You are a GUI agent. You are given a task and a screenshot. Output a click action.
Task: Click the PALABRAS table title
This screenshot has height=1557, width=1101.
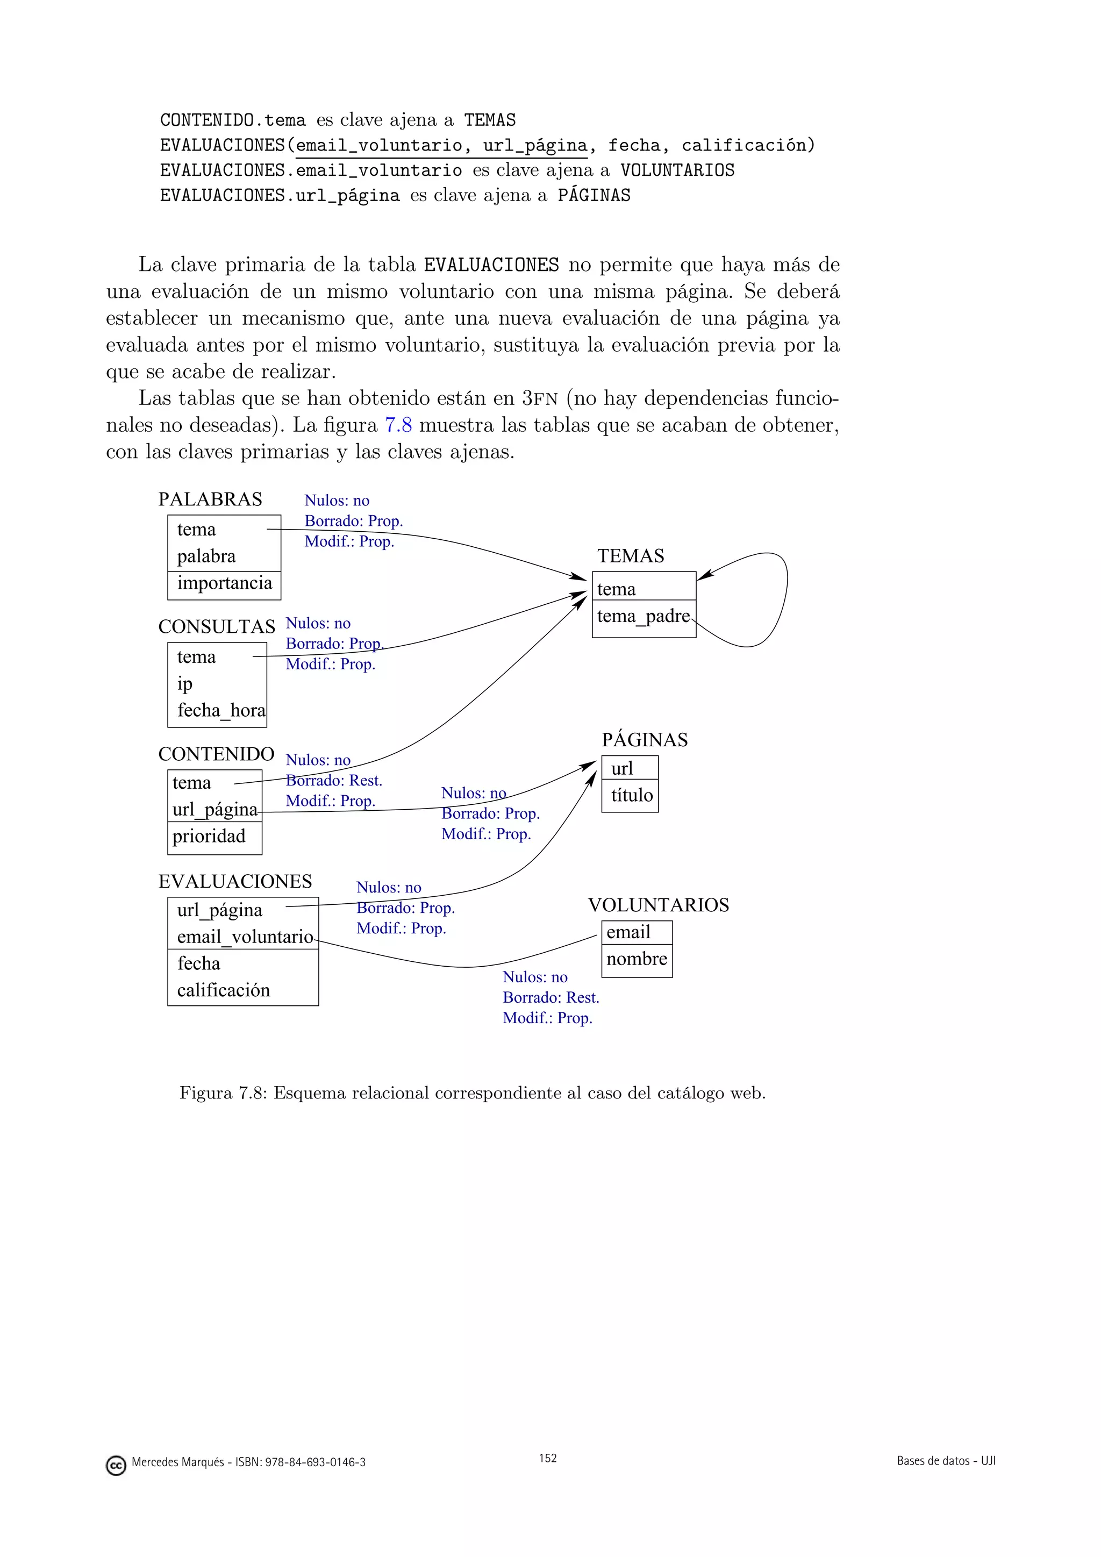click(210, 500)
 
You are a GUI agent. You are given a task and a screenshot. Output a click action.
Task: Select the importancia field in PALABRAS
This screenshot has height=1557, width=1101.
click(224, 583)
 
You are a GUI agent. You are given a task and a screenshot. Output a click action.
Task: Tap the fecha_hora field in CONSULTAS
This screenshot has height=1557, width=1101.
click(221, 711)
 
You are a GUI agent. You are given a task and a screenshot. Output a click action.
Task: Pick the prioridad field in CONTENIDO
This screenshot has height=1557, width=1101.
click(209, 836)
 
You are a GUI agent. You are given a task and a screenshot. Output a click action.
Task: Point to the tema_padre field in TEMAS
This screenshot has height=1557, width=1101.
click(643, 617)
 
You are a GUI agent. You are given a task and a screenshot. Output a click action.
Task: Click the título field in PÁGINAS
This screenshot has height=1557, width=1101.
click(632, 796)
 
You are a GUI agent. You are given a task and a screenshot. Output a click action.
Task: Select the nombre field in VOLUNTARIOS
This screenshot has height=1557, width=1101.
click(637, 959)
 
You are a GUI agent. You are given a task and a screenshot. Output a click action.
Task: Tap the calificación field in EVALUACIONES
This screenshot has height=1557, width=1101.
click(224, 991)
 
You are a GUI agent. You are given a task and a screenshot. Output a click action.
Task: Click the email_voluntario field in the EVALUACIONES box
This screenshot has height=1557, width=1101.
click(245, 937)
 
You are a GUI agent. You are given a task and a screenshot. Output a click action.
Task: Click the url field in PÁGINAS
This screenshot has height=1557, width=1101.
click(621, 769)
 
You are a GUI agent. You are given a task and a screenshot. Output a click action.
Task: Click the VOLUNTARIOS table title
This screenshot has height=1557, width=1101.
click(659, 905)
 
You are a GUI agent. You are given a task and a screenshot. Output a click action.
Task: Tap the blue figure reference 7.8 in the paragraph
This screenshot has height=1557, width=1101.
click(399, 425)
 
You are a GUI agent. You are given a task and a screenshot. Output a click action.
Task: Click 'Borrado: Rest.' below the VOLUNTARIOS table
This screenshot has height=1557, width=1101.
click(551, 997)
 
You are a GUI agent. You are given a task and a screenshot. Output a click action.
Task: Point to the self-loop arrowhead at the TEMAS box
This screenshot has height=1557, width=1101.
click(705, 576)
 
